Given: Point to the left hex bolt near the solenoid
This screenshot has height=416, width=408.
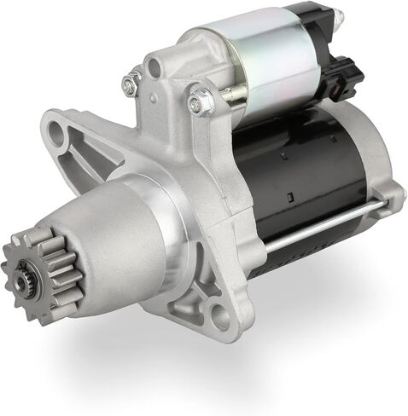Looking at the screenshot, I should pos(131,84).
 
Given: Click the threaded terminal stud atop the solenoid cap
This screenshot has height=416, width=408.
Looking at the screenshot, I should pos(335,15).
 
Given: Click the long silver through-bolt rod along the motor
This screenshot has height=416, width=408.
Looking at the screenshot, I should pos(324,226).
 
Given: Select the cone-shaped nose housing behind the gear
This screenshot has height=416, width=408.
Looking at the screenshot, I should pos(119,247).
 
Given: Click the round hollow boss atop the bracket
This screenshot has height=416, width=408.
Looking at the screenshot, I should pos(154,66).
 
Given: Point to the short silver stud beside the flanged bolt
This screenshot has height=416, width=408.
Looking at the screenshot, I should pos(229,91).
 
